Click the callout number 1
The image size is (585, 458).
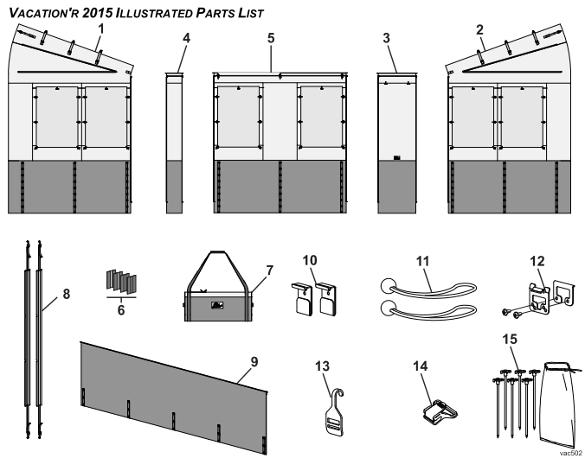(101, 29)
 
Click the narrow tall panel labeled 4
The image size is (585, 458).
(175, 143)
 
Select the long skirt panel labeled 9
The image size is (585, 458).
(173, 393)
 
